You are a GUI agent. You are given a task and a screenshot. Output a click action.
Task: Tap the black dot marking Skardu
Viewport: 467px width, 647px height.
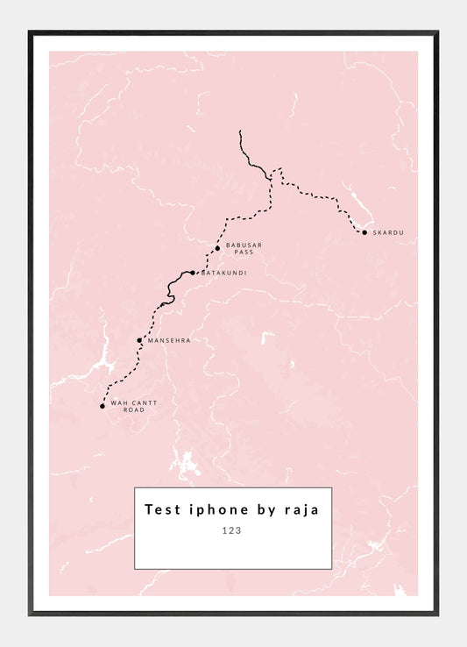coord(364,232)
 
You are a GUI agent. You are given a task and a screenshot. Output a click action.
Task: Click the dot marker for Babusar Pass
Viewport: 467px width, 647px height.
coord(217,248)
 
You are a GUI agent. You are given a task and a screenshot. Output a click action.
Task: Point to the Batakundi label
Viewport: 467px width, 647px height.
coord(224,273)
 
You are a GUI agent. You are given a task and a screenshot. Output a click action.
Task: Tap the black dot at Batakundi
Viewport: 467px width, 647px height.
coord(193,273)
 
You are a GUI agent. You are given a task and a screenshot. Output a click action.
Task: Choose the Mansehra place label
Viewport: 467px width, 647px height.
coord(169,340)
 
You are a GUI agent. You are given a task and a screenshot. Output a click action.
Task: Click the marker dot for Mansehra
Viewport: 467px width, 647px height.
coord(139,340)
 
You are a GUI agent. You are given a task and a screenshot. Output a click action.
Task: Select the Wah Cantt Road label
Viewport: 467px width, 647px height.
coord(128,407)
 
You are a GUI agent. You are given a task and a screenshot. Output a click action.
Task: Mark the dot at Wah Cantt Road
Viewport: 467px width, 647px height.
coord(103,406)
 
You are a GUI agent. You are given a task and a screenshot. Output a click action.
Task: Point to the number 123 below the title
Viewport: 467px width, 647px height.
coord(232,530)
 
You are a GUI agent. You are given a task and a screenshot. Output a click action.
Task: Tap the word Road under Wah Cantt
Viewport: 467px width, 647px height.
coord(133,410)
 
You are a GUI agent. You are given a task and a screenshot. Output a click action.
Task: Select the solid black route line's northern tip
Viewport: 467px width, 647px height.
coord(240,132)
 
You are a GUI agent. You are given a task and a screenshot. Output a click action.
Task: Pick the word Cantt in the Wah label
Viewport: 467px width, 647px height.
coord(133,403)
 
